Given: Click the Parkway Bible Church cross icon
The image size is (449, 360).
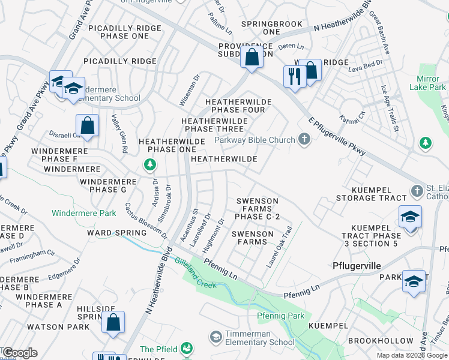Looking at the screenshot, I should click(x=304, y=140).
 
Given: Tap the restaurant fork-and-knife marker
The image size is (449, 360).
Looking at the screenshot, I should click(x=294, y=76).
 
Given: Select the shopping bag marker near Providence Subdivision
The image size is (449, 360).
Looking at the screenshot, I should click(x=252, y=58).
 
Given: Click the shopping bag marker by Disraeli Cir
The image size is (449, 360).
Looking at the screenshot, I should click(x=88, y=126).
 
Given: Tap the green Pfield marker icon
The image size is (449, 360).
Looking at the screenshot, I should click(x=187, y=348).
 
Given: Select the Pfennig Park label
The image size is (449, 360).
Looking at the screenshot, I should click(x=279, y=316).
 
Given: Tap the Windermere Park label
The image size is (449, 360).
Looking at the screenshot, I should click(x=84, y=213).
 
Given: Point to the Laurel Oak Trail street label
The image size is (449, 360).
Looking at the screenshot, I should click(x=280, y=247).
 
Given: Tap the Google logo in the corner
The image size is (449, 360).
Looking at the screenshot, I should click(x=19, y=353).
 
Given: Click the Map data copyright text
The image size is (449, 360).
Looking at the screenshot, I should click(x=412, y=355).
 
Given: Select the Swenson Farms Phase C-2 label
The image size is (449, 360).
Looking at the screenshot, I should click(x=257, y=209).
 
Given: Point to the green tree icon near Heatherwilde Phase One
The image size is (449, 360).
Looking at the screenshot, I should click(x=149, y=164).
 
